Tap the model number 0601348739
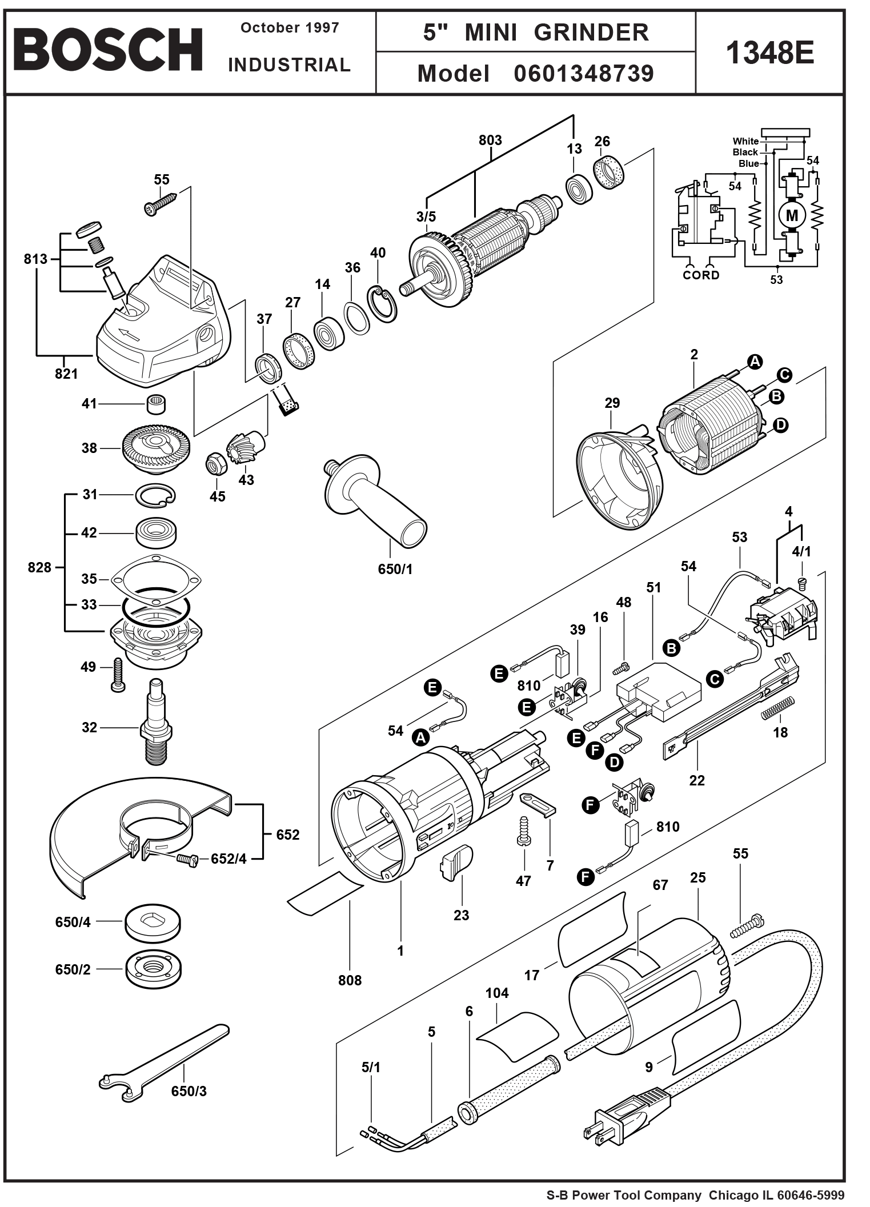point(583,74)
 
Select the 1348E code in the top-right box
point(769,53)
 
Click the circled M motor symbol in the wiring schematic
point(792,216)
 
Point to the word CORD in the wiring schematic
point(701,275)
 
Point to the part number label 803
point(490,141)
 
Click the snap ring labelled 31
point(155,495)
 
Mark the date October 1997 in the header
point(290,28)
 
